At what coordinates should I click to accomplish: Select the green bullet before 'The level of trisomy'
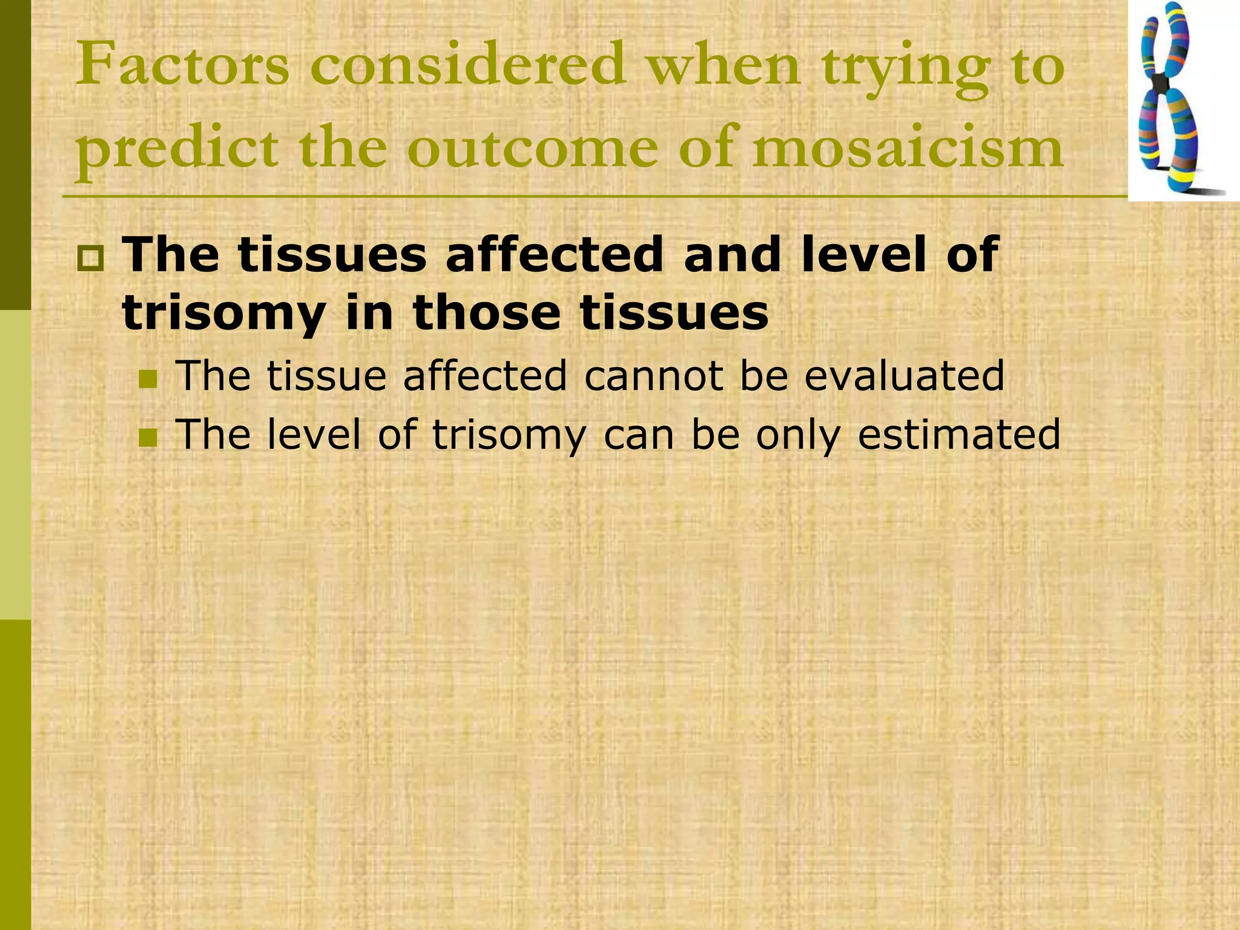147,437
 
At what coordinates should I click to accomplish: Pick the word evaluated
905,376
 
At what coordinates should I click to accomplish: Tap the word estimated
959,434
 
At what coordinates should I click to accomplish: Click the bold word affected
555,255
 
